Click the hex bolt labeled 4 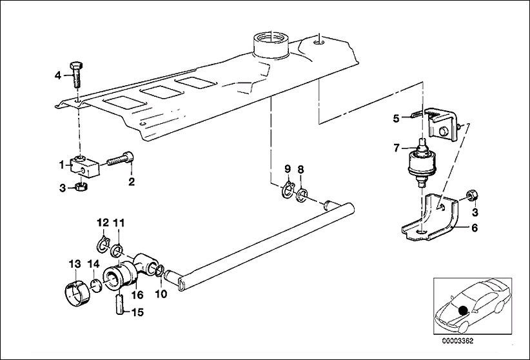(77, 74)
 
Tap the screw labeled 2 (121, 160)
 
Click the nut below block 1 (81, 186)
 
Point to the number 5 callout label (396, 119)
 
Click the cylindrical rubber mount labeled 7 (422, 163)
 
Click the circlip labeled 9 (288, 190)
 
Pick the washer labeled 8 (302, 195)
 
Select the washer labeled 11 (117, 251)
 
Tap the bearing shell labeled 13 (77, 291)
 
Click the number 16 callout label (137, 295)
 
